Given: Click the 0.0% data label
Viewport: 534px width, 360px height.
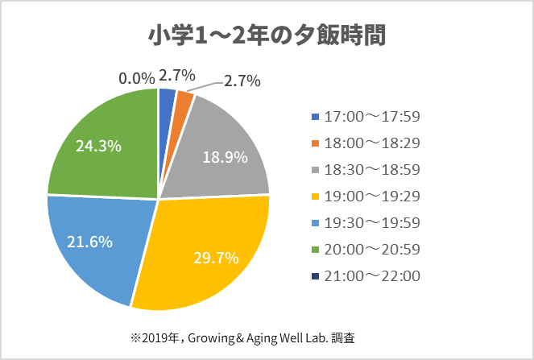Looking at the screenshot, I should tap(136, 78).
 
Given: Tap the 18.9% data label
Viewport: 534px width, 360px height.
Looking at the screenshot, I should tap(224, 157).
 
